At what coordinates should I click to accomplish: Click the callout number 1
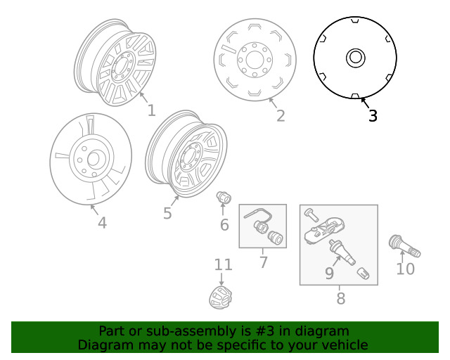pos(151,110)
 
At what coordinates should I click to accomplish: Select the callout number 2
pos(281,116)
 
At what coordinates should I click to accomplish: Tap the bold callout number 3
pos(373,116)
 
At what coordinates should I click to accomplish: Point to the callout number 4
pos(102,223)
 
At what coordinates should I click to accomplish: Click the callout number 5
pos(167,213)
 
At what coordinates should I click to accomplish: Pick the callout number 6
pos(224,225)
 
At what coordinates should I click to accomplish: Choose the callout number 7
pos(264,263)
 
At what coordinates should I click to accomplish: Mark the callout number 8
pos(340,299)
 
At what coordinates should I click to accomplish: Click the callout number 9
pos(329,273)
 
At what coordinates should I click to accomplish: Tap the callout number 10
pos(406,269)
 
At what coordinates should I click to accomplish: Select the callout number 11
pos(223,265)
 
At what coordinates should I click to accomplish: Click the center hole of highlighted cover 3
pos(356,58)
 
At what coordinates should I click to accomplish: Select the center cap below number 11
pos(221,297)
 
